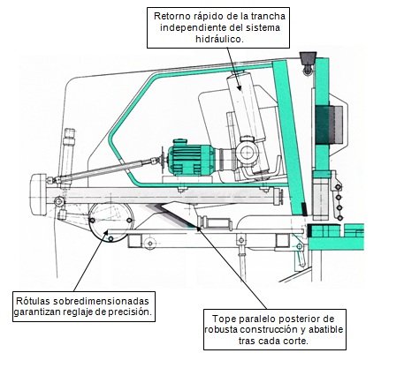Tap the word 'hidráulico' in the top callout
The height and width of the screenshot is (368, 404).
(x=218, y=39)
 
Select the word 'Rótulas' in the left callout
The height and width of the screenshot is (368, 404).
(x=33, y=301)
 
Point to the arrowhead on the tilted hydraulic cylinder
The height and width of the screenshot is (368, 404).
(x=239, y=87)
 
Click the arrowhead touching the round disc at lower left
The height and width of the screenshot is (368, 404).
(x=105, y=233)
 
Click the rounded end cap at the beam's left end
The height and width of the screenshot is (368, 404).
(x=39, y=194)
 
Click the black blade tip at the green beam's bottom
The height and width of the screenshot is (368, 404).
(x=304, y=209)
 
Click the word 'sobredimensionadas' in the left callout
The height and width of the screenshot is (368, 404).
(x=102, y=301)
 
